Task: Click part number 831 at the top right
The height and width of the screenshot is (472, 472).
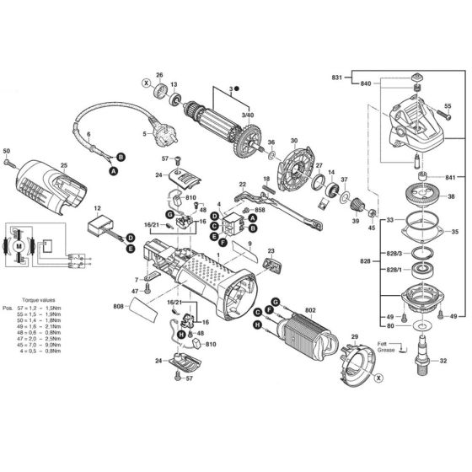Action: [x=336, y=78]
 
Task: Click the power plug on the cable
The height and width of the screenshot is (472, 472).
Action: [x=158, y=132]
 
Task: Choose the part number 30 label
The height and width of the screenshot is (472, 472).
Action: [x=294, y=141]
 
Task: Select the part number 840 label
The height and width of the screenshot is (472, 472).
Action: [x=366, y=84]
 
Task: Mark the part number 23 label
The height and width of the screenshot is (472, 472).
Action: [x=271, y=251]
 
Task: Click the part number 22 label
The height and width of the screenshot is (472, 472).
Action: [x=242, y=185]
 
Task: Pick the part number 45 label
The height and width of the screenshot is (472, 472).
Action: [x=372, y=226]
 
